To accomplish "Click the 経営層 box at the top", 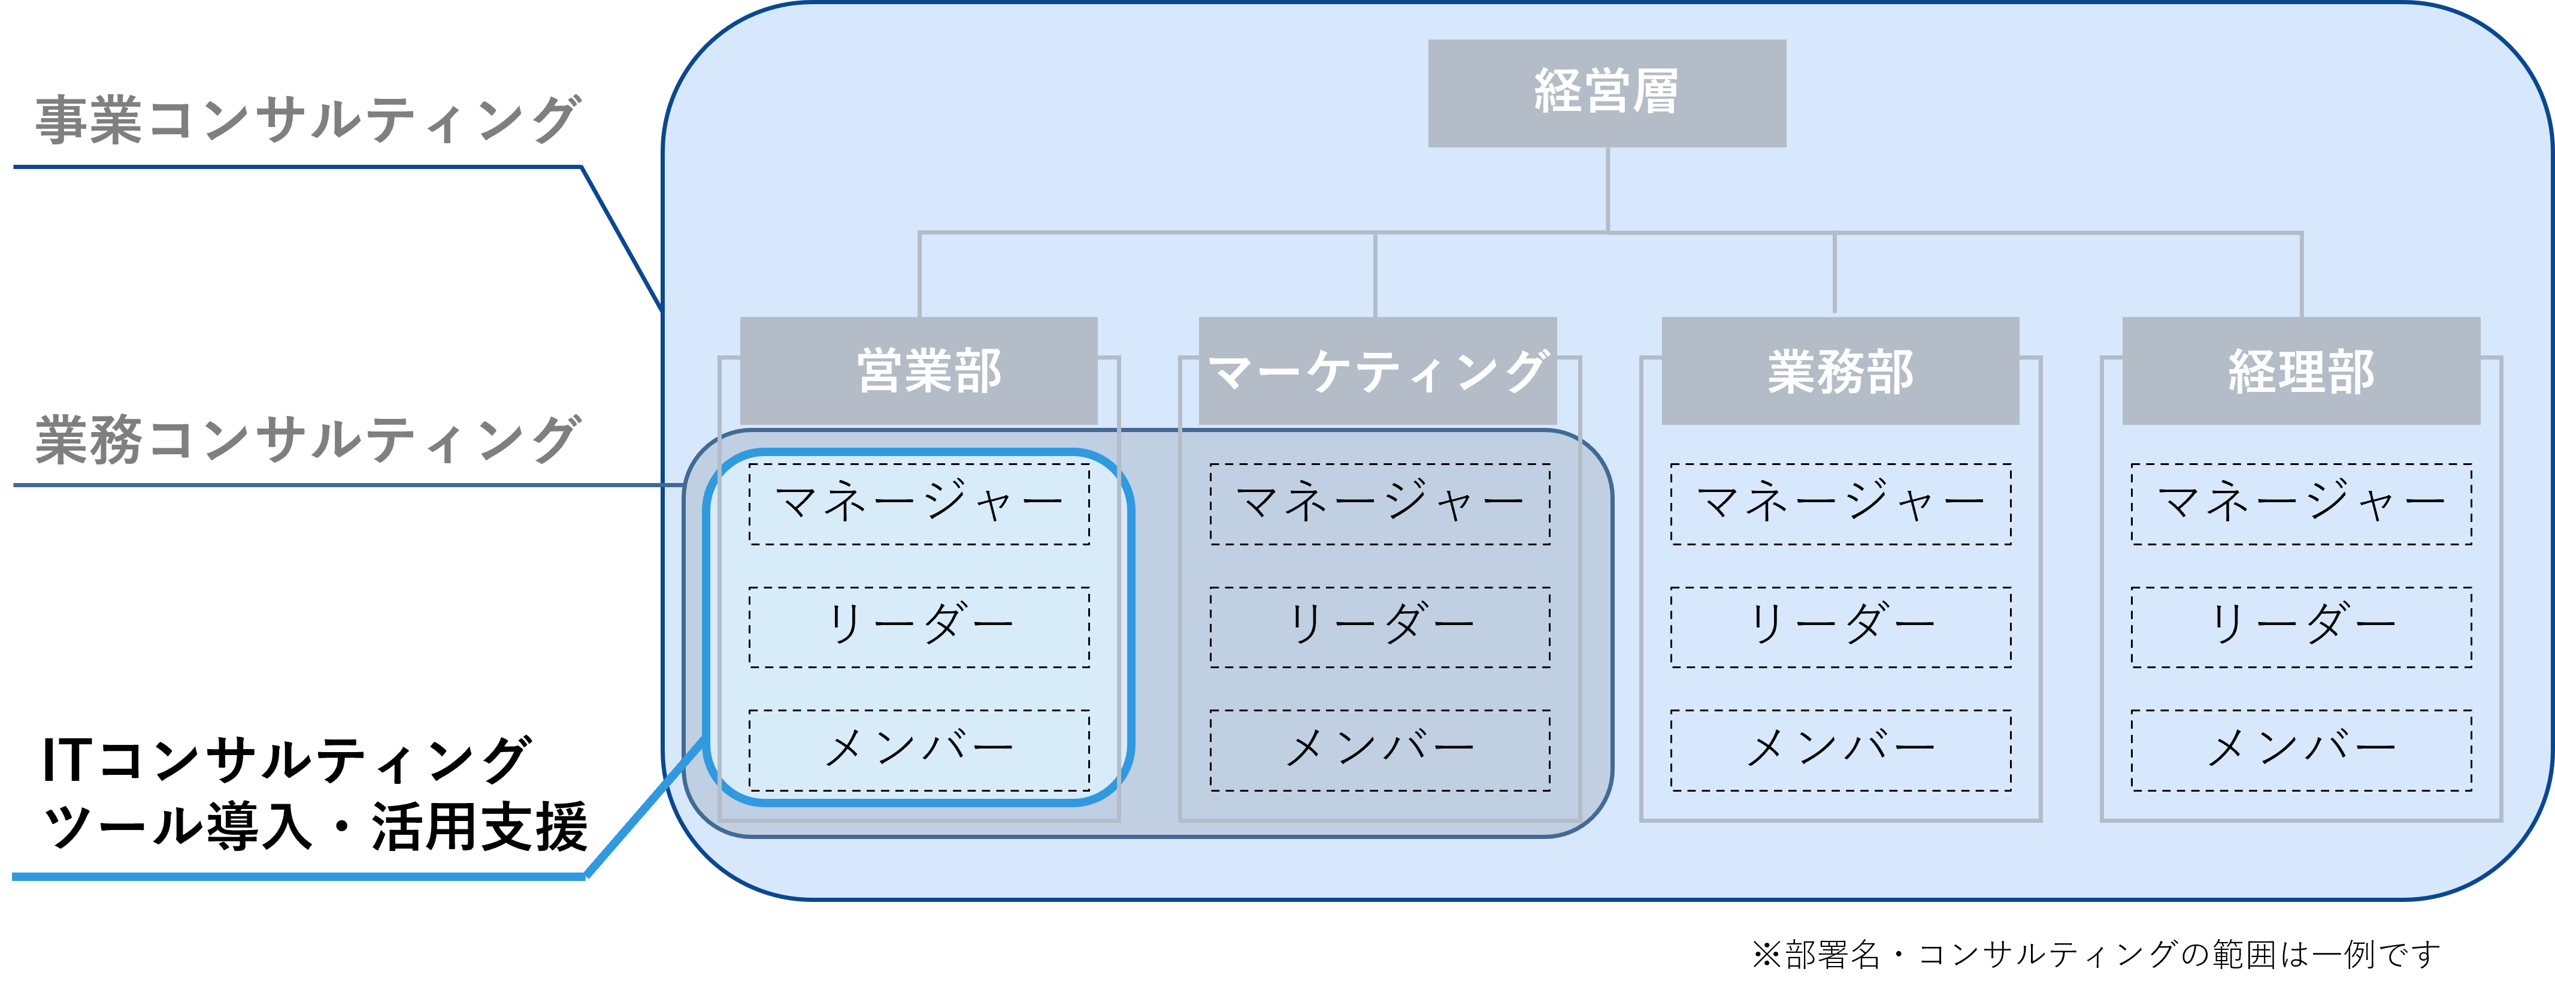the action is tap(1607, 93).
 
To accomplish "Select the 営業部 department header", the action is tap(919, 371).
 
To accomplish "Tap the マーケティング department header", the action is tap(1378, 371).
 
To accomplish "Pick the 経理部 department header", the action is tap(2301, 371).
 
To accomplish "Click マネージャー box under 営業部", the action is tap(919, 504).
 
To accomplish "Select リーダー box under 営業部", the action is tap(919, 627).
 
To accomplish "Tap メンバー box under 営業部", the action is tap(919, 750).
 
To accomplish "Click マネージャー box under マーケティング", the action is tap(1380, 504).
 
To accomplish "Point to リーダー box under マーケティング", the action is tap(1380, 627).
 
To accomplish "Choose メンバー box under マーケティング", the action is tap(1380, 750).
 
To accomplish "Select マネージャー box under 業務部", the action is tap(1841, 504).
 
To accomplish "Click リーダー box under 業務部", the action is tap(1841, 627).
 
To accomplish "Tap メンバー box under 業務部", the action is tap(1841, 750).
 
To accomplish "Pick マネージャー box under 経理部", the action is tap(2301, 504).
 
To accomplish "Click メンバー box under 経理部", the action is tap(2301, 750).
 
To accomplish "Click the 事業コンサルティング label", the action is tap(307, 120).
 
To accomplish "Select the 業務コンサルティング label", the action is tap(307, 439).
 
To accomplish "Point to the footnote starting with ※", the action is tap(2095, 954).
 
